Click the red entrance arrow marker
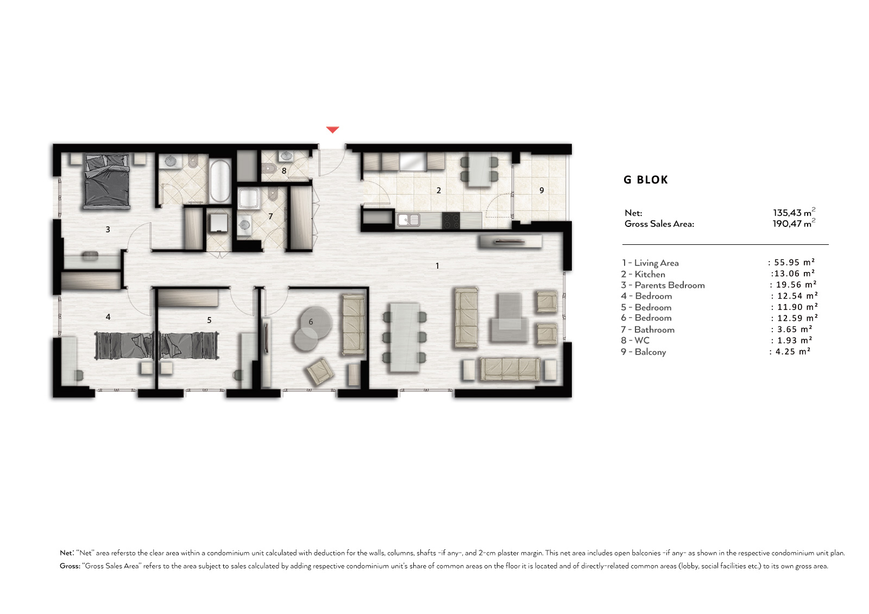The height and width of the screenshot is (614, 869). (332, 130)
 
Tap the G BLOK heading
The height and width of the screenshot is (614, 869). (646, 180)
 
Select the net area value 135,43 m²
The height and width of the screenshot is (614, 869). (794, 213)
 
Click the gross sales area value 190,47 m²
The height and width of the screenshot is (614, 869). (794, 224)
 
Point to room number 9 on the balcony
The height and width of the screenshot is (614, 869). (541, 191)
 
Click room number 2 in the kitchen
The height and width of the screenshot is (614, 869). (439, 191)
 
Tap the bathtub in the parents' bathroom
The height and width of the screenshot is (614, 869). (220, 181)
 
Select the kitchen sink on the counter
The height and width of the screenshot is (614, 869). (408, 220)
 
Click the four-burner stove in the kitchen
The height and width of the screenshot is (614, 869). (451, 220)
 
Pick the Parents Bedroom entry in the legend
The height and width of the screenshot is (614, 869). (663, 286)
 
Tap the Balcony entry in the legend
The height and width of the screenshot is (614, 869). (644, 352)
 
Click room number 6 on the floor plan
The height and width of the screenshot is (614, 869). (311, 321)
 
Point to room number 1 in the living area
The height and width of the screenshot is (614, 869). (437, 265)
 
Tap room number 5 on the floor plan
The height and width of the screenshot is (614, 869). (210, 320)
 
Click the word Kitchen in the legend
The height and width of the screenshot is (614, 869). (650, 274)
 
